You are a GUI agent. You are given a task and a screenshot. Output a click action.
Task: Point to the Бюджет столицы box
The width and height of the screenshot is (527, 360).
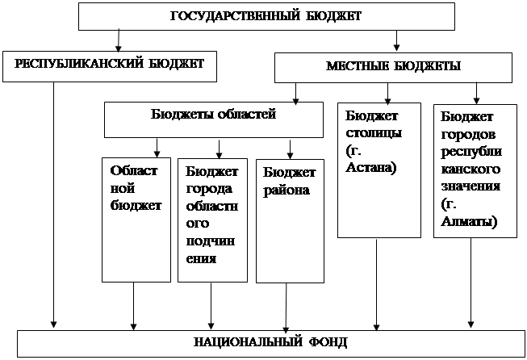[379, 170]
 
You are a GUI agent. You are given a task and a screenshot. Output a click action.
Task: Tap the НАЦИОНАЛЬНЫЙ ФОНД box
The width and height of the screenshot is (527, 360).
[270, 342]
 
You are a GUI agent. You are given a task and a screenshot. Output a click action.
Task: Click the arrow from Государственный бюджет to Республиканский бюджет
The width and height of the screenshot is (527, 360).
[119, 40]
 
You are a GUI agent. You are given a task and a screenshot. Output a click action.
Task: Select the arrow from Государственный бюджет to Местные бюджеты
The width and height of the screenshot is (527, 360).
[395, 40]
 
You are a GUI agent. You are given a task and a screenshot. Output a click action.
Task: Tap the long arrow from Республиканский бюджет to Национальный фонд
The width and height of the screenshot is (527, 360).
[54, 202]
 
